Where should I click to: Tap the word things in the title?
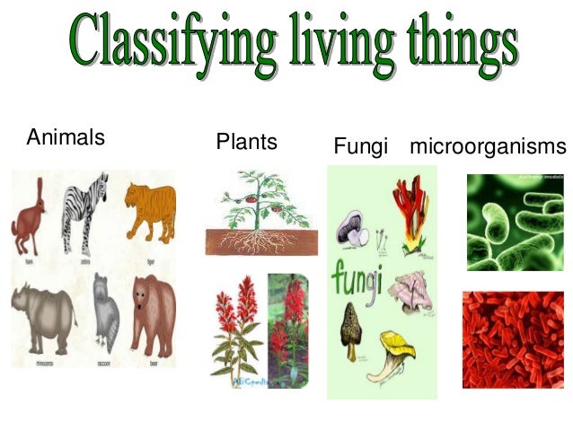point(454,41)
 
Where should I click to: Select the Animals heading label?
point(66,138)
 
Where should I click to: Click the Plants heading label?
point(246,142)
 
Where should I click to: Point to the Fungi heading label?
point(360,145)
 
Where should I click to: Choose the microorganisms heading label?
point(488,145)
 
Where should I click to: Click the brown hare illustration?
point(32,215)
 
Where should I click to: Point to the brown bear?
point(153,314)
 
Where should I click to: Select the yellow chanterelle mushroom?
point(399,355)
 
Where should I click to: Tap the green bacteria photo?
point(515,223)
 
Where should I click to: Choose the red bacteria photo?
point(513,339)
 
